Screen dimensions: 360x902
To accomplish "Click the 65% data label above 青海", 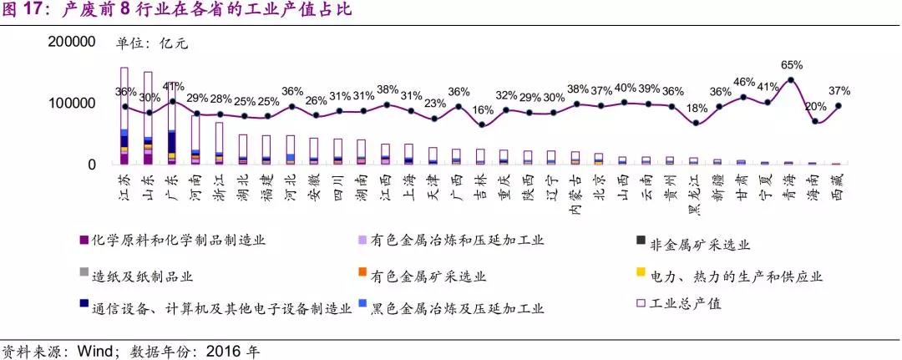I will (x=791, y=64).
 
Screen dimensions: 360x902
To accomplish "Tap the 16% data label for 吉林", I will (x=481, y=109).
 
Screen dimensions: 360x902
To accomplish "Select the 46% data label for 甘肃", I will (x=743, y=82).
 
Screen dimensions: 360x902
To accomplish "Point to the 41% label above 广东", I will (x=173, y=86).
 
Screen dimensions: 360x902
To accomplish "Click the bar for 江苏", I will (x=124, y=116).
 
